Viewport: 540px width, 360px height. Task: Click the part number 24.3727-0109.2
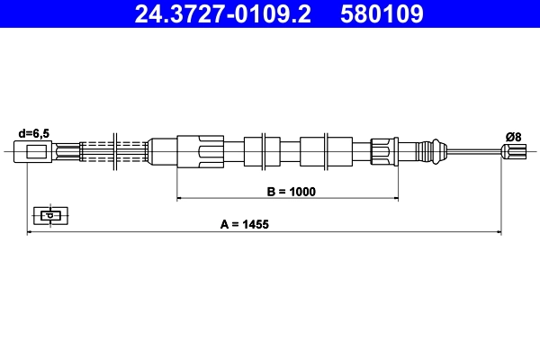224,14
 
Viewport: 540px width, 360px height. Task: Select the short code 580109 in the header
381,14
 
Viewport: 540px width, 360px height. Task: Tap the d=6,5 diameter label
34,133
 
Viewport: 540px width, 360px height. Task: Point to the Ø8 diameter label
514,136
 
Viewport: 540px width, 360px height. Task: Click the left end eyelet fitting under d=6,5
40,151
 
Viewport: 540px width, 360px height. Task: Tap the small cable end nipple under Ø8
514,151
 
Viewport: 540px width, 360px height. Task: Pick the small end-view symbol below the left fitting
51,215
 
